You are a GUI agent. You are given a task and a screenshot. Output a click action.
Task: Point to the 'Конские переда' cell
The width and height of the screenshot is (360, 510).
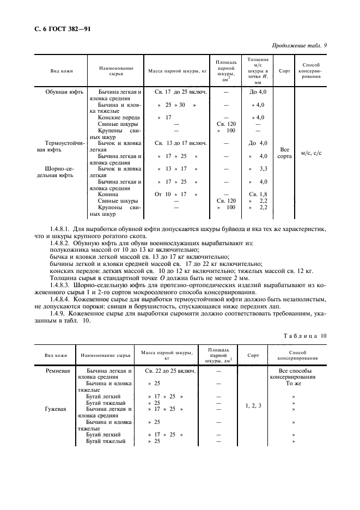(119, 117)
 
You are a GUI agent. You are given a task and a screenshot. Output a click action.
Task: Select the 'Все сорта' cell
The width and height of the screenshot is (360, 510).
(284, 152)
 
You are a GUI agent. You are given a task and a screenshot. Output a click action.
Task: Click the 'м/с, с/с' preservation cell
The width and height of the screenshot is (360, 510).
(311, 153)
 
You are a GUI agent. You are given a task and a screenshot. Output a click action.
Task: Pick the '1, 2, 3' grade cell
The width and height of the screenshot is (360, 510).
(253, 405)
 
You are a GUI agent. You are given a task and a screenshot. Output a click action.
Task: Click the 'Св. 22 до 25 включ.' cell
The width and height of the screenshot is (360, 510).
(170, 371)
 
